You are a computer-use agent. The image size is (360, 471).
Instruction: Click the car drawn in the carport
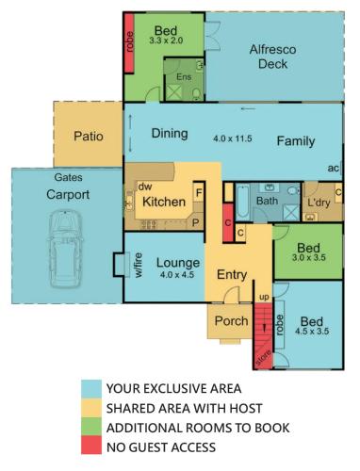[x=65, y=249]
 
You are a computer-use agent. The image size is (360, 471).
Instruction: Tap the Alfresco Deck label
[x=272, y=57]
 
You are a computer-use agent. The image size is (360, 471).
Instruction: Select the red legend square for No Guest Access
[x=91, y=446]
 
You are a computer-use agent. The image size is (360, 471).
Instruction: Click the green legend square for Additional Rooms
[x=91, y=426]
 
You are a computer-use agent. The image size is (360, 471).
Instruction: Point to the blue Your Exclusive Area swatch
[x=91, y=389]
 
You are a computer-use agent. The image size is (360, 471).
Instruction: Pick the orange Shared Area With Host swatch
[x=91, y=408]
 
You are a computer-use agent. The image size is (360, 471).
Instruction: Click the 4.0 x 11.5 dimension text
[x=233, y=138]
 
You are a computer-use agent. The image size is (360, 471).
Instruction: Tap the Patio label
[x=89, y=137]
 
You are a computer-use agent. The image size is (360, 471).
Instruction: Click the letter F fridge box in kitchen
[x=199, y=192]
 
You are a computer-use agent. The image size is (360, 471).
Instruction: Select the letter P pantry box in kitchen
[x=196, y=222]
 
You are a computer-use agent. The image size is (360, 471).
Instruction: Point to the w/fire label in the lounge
[x=139, y=266]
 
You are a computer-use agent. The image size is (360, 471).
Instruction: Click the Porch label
[x=231, y=321]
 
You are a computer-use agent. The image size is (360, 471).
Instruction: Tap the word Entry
[x=232, y=274]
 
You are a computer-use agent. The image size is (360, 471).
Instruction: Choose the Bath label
[x=267, y=201]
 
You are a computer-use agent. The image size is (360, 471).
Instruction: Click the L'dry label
[x=319, y=203]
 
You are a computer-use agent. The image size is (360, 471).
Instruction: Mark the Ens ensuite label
[x=184, y=77]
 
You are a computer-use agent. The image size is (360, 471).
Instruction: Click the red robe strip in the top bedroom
[x=129, y=43]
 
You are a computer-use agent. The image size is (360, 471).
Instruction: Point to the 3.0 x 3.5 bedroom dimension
[x=309, y=257]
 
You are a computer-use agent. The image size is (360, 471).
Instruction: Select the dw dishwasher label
[x=145, y=187]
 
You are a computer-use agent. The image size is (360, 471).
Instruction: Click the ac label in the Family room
[x=334, y=169]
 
